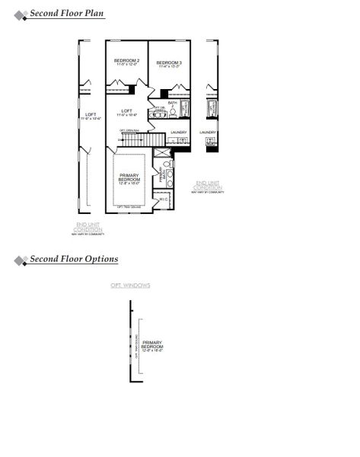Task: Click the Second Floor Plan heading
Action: [x=67, y=14]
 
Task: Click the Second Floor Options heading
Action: [x=74, y=259]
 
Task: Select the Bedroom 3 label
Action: [x=168, y=64]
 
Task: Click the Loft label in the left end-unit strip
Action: [x=91, y=117]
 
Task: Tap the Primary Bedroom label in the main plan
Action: [x=129, y=179]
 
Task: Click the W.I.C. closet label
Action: [x=164, y=200]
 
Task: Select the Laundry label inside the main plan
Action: [x=179, y=132]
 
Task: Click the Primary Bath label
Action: [x=161, y=176]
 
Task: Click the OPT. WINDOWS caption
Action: [x=130, y=286]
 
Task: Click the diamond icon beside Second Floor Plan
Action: [x=20, y=14]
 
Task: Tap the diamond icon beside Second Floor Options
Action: [x=20, y=260]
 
